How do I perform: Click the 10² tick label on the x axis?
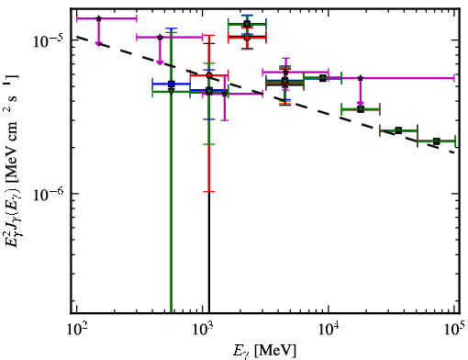tap(76, 329)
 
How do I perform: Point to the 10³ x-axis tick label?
tap(203, 329)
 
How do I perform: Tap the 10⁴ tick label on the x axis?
tap(329, 329)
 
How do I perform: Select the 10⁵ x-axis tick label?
tap(454, 329)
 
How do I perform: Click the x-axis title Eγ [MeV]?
tap(264, 351)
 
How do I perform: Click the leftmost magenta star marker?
tap(98, 18)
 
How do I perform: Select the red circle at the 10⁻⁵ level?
tap(247, 38)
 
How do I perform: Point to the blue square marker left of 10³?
tap(172, 84)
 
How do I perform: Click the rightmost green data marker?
tap(437, 141)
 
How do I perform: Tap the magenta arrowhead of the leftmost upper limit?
tap(98, 44)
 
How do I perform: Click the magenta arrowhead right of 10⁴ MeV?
tap(361, 104)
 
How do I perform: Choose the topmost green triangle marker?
tap(247, 24)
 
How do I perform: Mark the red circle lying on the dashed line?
tap(209, 75)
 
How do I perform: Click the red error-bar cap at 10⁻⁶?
tap(209, 192)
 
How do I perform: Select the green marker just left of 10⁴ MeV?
tap(322, 78)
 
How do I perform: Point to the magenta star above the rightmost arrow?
tap(361, 78)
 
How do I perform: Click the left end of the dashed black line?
tap(77, 37)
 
